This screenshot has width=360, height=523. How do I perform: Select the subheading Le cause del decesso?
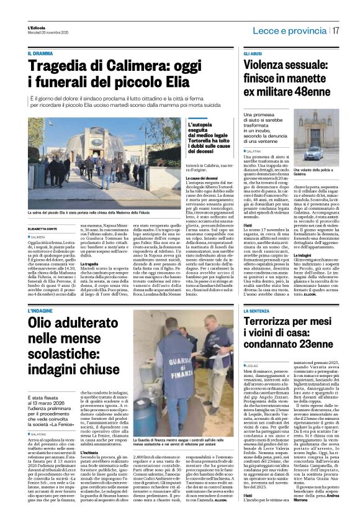point(186,177)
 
